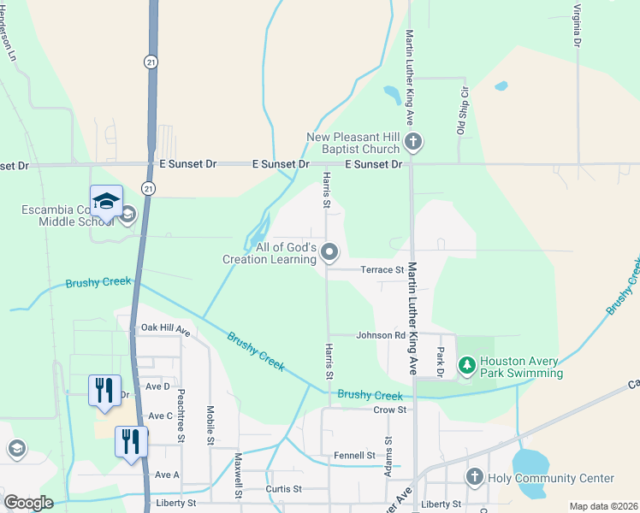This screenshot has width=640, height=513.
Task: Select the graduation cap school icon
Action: click(x=107, y=202)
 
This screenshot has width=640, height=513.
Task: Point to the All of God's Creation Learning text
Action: click(x=270, y=253)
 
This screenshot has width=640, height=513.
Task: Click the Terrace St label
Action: click(x=382, y=269)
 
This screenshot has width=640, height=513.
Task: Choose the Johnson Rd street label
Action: click(x=380, y=335)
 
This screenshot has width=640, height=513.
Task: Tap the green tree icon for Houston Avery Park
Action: click(x=466, y=366)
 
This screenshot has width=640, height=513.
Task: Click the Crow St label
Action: click(x=389, y=410)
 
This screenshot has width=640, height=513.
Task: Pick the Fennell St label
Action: click(x=355, y=456)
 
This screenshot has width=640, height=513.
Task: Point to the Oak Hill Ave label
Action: click(x=164, y=327)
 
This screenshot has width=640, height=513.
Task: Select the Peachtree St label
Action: click(x=181, y=413)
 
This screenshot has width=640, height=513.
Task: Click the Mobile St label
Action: click(x=210, y=422)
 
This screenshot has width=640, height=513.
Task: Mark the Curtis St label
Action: click(x=286, y=488)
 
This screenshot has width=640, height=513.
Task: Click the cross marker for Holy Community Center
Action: click(x=474, y=477)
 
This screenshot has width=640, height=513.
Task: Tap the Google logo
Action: click(x=28, y=502)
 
